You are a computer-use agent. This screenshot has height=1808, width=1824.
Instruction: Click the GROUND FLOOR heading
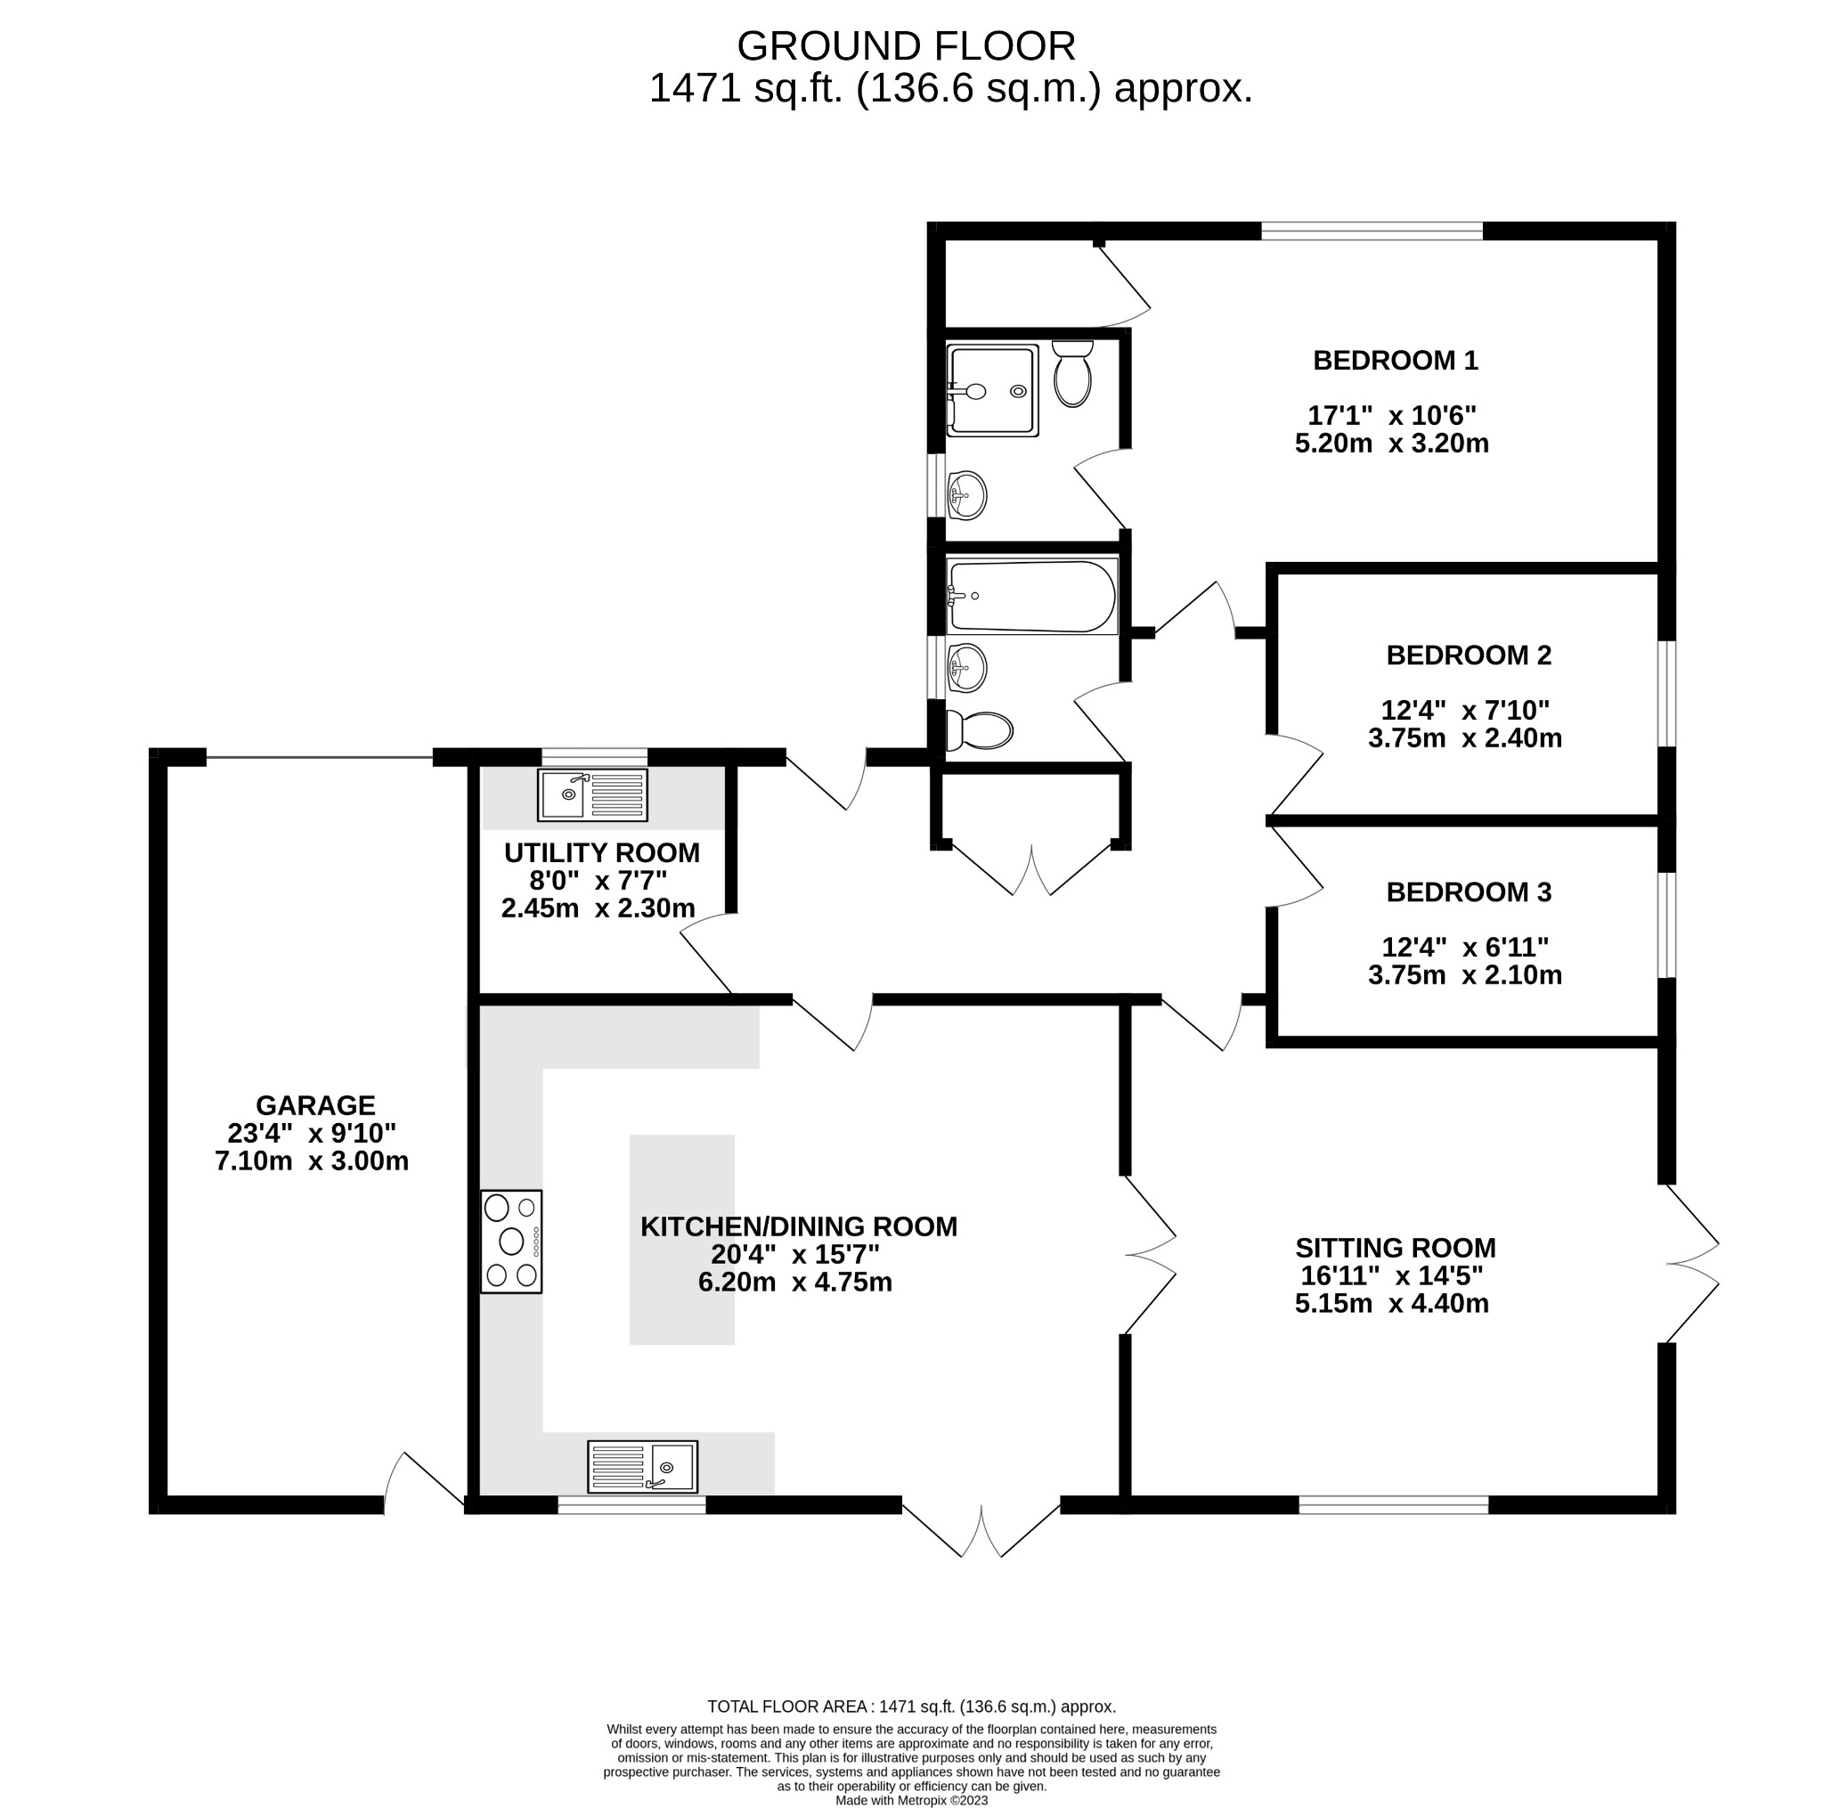pyautogui.click(x=906, y=46)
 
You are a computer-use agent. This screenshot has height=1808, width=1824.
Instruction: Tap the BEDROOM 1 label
pyautogui.click(x=1395, y=361)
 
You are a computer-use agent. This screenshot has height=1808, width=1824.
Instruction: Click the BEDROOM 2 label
pyautogui.click(x=1468, y=656)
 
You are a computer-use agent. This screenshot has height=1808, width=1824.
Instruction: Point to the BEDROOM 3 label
pyautogui.click(x=1468, y=892)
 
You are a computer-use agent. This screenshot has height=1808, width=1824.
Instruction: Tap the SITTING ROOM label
pyautogui.click(x=1396, y=1248)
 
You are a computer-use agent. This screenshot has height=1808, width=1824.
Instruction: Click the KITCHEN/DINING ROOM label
pyautogui.click(x=799, y=1226)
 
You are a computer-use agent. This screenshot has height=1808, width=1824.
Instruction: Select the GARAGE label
pyautogui.click(x=315, y=1104)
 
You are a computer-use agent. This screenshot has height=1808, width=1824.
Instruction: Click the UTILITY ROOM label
pyautogui.click(x=601, y=852)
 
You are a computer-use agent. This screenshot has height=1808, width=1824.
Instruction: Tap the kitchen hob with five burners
pyautogui.click(x=510, y=1241)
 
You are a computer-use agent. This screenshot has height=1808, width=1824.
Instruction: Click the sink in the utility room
pyautogui.click(x=593, y=795)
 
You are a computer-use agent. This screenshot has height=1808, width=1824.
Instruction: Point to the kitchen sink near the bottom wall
pyautogui.click(x=642, y=1466)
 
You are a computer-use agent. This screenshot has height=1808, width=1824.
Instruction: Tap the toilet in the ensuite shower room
pyautogui.click(x=1071, y=374)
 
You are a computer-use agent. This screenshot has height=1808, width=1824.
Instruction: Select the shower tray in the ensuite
pyautogui.click(x=991, y=390)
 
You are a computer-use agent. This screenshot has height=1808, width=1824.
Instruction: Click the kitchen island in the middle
pyautogui.click(x=681, y=1239)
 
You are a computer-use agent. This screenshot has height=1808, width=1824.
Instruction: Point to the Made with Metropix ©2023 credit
pyautogui.click(x=911, y=1801)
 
